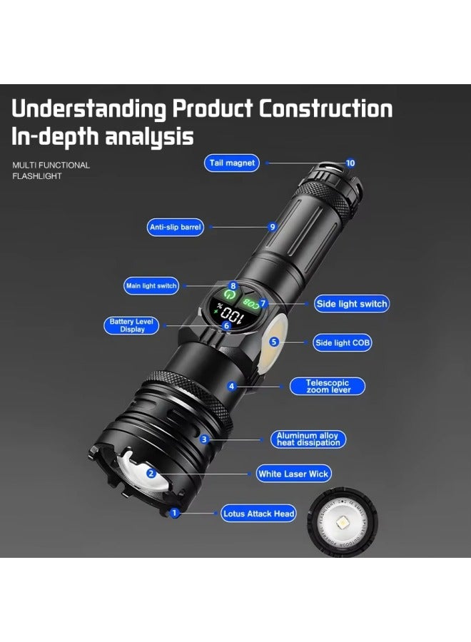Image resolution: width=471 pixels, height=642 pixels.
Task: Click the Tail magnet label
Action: tap(232, 163)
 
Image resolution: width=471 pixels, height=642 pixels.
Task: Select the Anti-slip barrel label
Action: tap(176, 228)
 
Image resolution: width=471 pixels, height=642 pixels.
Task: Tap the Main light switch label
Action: tap(151, 286)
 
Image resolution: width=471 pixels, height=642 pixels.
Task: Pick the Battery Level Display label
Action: tap(132, 325)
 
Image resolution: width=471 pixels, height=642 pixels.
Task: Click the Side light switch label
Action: tap(351, 304)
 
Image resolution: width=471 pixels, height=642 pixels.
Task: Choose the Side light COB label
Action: tap(343, 343)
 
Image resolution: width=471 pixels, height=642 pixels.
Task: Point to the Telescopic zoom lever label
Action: tap(328, 387)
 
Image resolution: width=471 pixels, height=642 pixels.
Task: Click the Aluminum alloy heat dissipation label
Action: tap(308, 439)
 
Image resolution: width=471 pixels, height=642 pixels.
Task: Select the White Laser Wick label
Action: tap(294, 474)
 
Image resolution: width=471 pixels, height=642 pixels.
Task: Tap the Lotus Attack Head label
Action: tap(258, 514)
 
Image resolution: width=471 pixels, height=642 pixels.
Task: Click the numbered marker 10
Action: tap(350, 163)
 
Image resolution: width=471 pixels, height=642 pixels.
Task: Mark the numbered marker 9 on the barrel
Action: tap(272, 227)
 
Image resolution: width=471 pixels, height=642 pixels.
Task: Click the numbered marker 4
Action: tap(231, 387)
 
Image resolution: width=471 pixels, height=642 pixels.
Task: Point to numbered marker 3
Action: tap(204, 439)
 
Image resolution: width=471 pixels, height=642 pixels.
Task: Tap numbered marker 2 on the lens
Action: tap(151, 473)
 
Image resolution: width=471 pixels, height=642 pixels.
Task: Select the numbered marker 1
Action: tap(173, 512)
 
